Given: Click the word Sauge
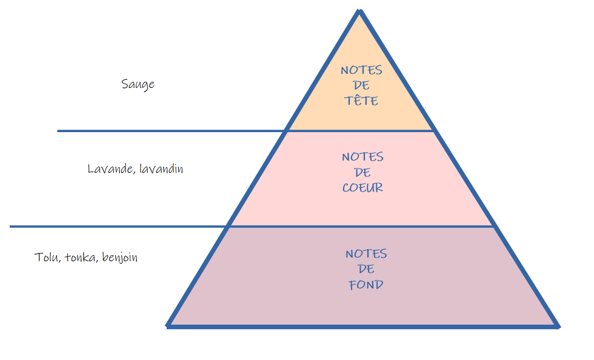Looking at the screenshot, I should [x=138, y=84].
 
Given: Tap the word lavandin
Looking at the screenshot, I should [x=161, y=169].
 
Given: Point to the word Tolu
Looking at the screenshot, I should [x=46, y=258].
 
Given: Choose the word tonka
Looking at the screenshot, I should [x=81, y=258].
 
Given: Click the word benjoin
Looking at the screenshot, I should [x=120, y=258].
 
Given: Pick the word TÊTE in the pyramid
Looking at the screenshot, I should [x=362, y=101].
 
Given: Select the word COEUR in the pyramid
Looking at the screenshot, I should [x=362, y=188].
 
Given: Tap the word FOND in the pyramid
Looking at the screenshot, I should [x=366, y=284].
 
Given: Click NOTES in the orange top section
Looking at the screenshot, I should [x=362, y=70].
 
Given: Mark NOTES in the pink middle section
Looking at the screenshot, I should [x=362, y=157].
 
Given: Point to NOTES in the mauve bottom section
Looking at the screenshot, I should [x=366, y=253].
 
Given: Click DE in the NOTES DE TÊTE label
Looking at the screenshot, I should [x=362, y=85].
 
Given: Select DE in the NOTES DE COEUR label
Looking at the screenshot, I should [x=362, y=173].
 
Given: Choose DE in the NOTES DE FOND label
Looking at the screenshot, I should [x=366, y=269].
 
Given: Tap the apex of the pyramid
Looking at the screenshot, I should [x=360, y=11].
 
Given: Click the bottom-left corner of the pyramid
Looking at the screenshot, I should [x=168, y=326].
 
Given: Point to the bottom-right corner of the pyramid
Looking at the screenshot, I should [x=558, y=326].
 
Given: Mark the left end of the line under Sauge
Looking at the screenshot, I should [x=58, y=130].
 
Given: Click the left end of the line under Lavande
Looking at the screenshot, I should [x=11, y=227].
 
